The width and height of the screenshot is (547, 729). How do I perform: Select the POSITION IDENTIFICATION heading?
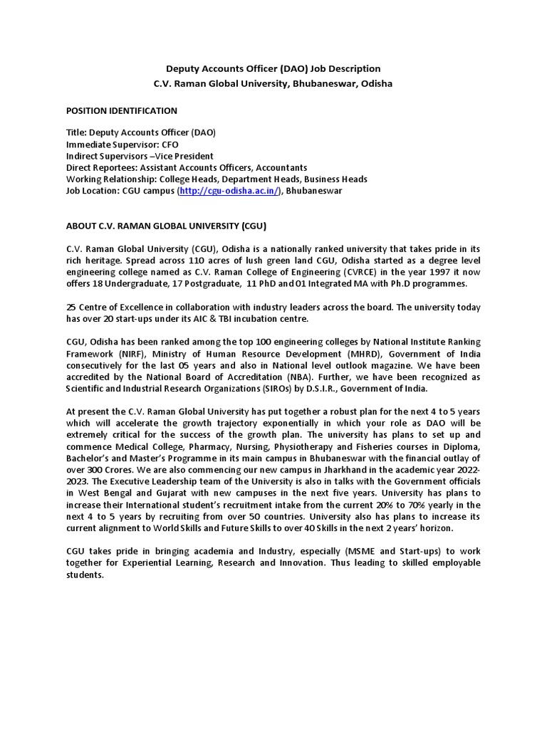point(121,110)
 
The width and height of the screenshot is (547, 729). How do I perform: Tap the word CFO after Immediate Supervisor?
point(170,145)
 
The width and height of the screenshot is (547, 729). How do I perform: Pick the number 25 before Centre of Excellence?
point(72,307)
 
